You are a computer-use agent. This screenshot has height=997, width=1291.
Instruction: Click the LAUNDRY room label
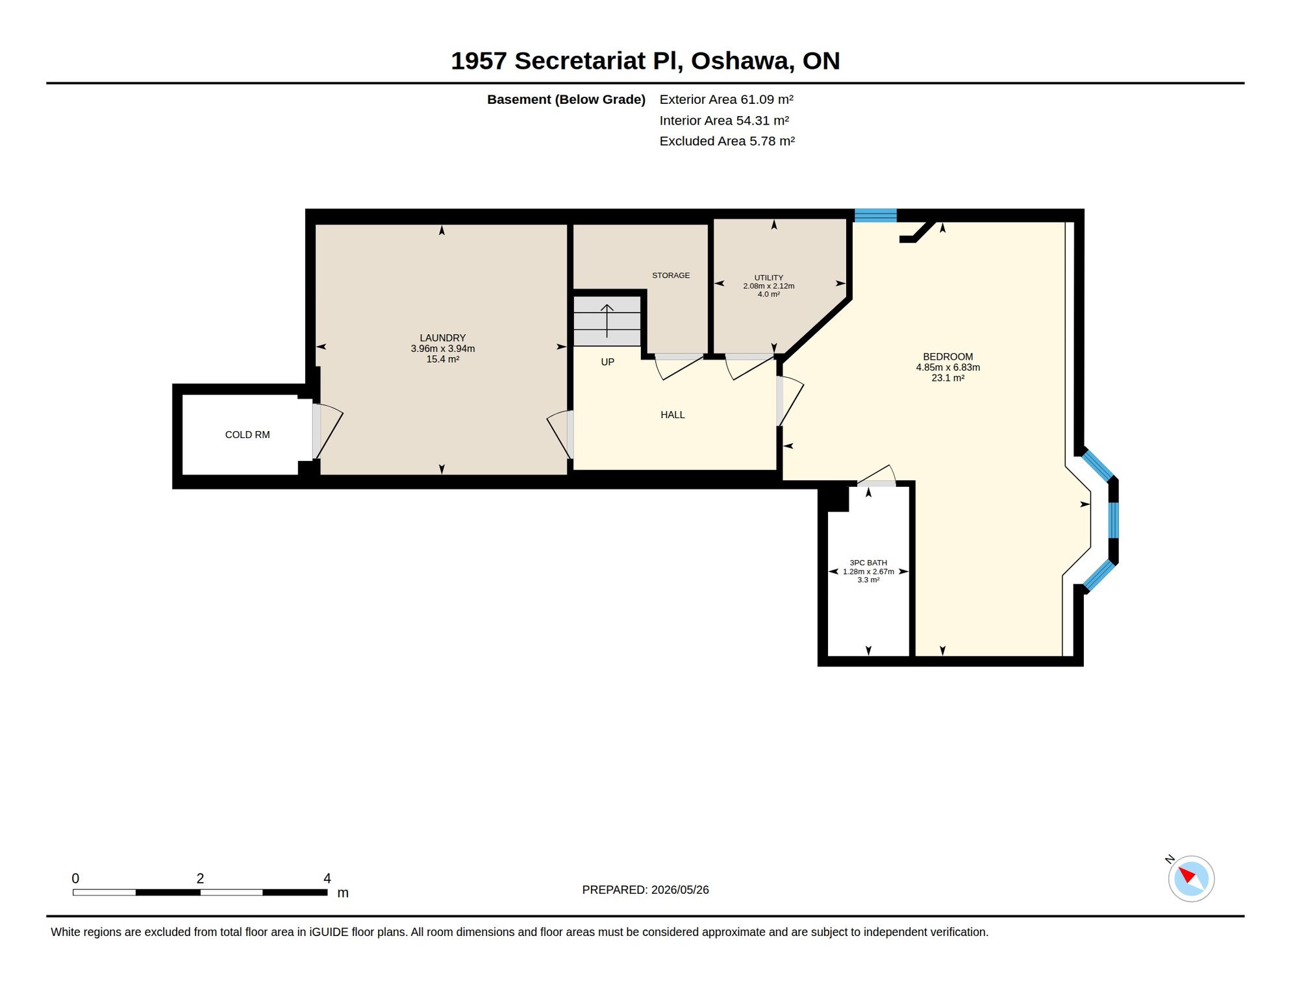[x=442, y=338]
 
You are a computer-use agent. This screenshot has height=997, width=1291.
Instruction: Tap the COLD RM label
[x=247, y=435]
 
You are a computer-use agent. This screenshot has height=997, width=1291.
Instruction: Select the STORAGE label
[x=671, y=275]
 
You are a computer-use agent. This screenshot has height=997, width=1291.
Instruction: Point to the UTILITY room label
[x=769, y=277]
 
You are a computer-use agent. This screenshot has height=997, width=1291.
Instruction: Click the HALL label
[x=673, y=415]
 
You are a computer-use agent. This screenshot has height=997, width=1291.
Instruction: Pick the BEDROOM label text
[x=948, y=357]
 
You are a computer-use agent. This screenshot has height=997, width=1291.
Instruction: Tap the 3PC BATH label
[x=868, y=563]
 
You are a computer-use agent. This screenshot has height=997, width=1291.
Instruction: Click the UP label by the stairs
[x=608, y=362]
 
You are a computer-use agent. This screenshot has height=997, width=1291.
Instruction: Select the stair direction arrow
[x=607, y=321]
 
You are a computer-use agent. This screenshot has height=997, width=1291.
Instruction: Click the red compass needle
[x=1187, y=874]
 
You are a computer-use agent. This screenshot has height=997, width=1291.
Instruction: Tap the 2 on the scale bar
[x=200, y=878]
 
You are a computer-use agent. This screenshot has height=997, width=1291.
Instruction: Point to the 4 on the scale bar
[x=327, y=878]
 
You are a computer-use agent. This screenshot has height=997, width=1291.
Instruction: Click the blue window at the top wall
[x=875, y=215]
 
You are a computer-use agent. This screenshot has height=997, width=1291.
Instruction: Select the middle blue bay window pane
[x=1113, y=520]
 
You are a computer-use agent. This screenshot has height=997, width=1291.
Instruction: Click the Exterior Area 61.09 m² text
[x=727, y=99]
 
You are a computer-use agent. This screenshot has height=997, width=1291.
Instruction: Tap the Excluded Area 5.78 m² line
[x=727, y=141]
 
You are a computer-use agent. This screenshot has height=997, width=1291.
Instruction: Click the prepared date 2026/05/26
[x=680, y=890]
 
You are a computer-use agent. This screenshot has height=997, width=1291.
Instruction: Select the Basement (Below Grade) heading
[x=566, y=99]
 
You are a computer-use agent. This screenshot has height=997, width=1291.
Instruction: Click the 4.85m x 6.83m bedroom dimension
[x=948, y=367]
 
